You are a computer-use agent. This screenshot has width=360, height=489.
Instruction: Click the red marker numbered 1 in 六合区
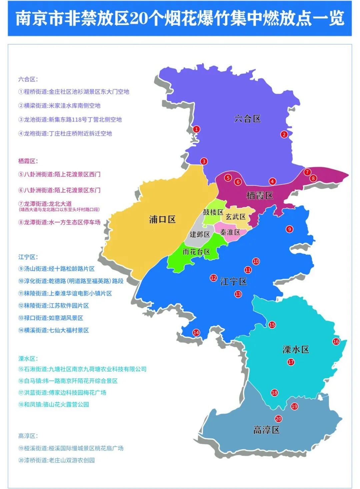tap(197, 129)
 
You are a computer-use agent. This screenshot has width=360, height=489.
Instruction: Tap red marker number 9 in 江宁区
tap(289, 229)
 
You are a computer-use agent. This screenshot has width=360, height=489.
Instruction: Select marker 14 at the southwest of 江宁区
tap(196, 332)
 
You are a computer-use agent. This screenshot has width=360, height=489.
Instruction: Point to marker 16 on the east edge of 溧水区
tap(336, 341)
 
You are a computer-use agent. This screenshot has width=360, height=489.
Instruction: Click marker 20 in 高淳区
tap(278, 419)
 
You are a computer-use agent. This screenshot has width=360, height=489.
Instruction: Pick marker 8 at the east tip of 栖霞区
tap(313, 178)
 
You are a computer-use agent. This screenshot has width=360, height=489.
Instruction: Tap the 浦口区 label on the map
tap(162, 219)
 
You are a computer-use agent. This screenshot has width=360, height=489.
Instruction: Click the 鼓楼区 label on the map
tap(213, 212)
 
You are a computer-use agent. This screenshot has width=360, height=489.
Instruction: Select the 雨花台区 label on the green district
tap(196, 252)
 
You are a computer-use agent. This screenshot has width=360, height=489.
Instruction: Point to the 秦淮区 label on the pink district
tap(230, 232)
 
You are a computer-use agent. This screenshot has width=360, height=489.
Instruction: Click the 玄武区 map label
tap(236, 217)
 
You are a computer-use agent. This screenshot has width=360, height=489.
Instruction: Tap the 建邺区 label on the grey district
tap(200, 234)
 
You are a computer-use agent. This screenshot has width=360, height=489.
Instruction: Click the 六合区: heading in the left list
tap(28, 79)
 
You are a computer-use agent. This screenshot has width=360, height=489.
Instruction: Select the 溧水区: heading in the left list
tap(28, 359)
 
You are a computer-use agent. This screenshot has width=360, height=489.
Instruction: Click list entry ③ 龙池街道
tap(70, 119)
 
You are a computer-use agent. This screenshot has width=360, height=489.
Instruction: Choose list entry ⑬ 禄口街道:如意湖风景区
tap(51, 318)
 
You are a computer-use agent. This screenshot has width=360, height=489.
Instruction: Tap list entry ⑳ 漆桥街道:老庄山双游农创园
tap(56, 460)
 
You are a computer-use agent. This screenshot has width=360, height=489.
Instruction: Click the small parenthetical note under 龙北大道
tap(59, 209)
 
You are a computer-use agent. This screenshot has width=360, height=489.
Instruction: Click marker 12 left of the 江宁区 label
tap(214, 278)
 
